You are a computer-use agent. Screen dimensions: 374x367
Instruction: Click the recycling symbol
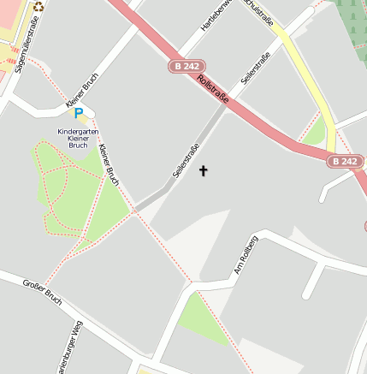38,7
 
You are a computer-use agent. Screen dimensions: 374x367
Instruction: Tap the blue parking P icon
79,113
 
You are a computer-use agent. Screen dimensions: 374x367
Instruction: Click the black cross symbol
204,171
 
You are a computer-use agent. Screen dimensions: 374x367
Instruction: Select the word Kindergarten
78,131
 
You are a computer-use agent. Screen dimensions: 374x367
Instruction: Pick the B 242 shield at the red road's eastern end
345,161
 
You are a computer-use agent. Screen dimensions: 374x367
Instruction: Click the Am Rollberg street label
246,255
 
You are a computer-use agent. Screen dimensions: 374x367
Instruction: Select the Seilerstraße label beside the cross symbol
186,160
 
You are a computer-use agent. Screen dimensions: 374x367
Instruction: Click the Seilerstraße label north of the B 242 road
256,68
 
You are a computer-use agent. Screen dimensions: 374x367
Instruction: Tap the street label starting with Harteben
216,15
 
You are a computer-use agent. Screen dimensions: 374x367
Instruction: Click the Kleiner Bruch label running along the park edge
108,165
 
